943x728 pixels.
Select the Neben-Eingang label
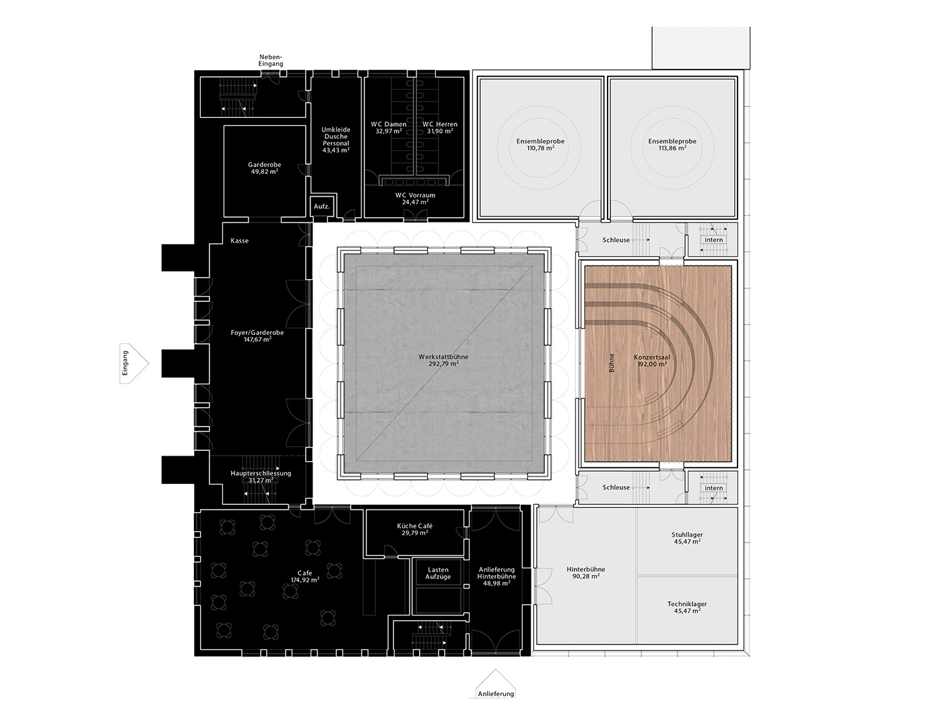[271, 61]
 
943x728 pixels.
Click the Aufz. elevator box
[321, 207]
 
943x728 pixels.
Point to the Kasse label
[240, 241]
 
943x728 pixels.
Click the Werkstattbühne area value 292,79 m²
[443, 364]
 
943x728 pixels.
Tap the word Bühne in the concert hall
[612, 363]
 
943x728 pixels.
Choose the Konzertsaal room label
[652, 357]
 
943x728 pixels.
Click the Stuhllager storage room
[688, 541]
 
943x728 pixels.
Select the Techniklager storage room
[688, 610]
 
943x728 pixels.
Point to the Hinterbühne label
[586, 569]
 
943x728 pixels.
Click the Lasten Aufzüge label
[438, 573]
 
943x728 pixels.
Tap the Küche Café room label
[414, 526]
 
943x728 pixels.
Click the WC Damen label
[389, 124]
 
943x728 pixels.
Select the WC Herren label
[440, 124]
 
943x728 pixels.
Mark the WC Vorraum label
[416, 195]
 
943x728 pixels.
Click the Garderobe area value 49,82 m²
[265, 171]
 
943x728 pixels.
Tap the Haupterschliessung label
[261, 473]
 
